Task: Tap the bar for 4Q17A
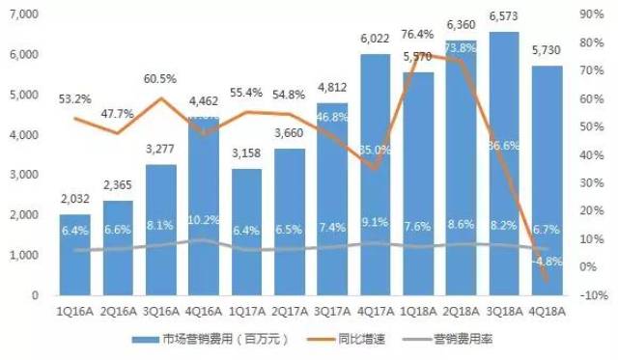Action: click(x=375, y=174)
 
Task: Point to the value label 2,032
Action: click(x=74, y=202)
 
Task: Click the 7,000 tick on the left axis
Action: click(x=22, y=15)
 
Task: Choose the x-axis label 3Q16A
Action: click(x=158, y=311)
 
